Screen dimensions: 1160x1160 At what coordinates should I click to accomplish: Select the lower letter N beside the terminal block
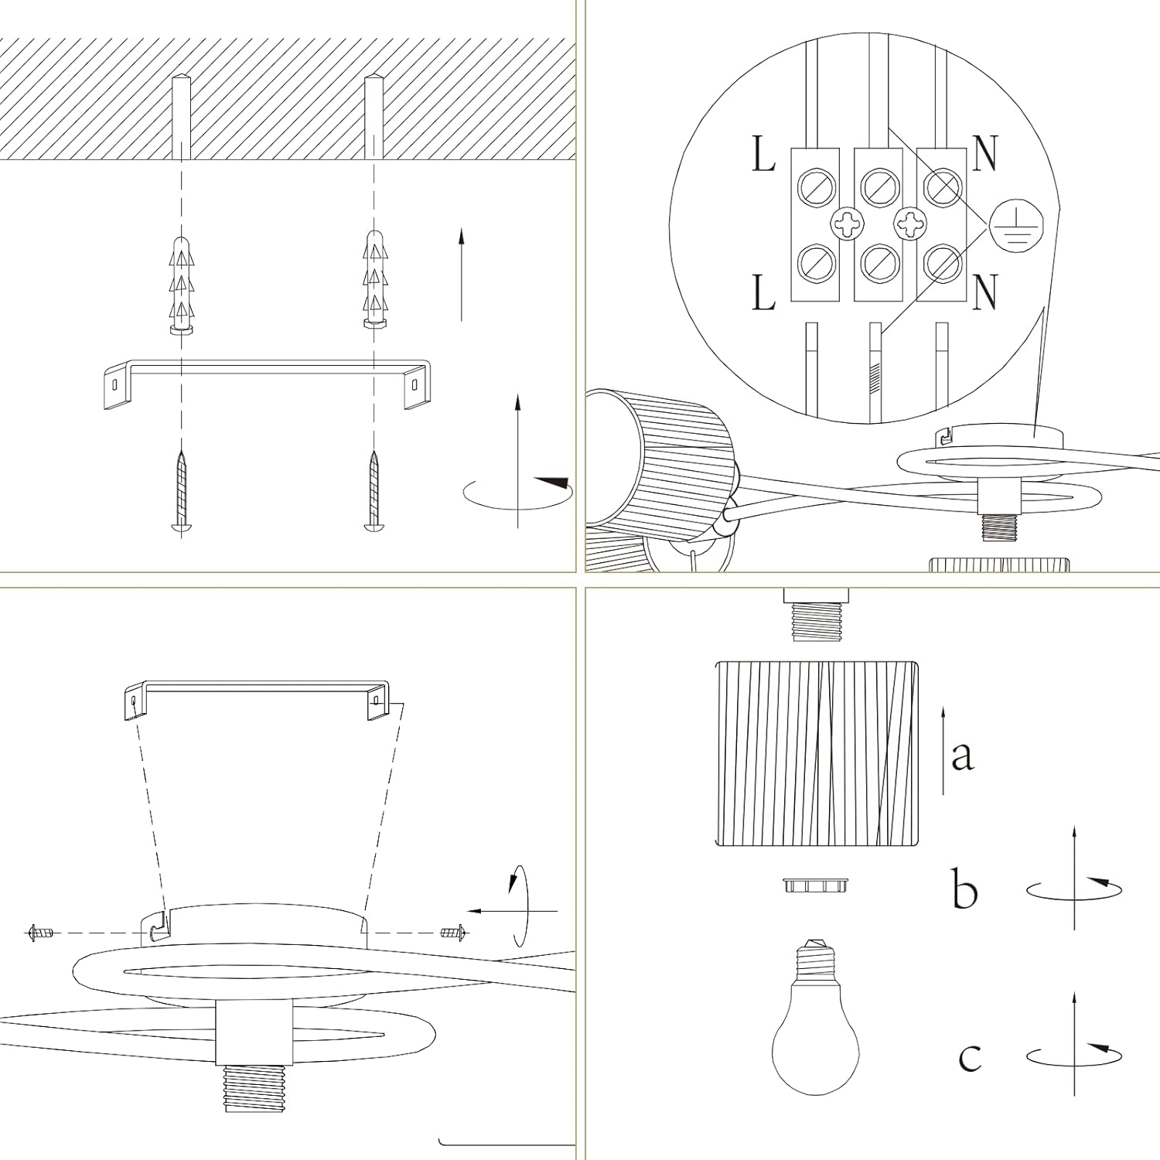point(984,292)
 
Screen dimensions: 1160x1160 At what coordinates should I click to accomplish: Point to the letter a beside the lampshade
point(962,754)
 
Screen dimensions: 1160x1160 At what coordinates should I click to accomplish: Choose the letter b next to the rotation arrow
point(964,889)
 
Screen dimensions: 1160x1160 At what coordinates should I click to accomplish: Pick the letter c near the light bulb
point(970,1056)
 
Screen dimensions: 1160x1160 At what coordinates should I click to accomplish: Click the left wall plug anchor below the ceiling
point(180,286)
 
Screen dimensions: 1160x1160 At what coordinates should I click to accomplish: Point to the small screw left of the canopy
point(41,933)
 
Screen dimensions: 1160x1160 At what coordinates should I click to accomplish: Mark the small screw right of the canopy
point(454,933)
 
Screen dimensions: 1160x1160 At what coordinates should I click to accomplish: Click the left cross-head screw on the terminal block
point(847,225)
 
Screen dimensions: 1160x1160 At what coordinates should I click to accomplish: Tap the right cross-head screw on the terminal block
point(910,225)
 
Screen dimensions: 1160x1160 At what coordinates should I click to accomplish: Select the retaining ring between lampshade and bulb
point(816,885)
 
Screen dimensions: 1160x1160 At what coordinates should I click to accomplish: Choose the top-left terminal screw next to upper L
point(817,187)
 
